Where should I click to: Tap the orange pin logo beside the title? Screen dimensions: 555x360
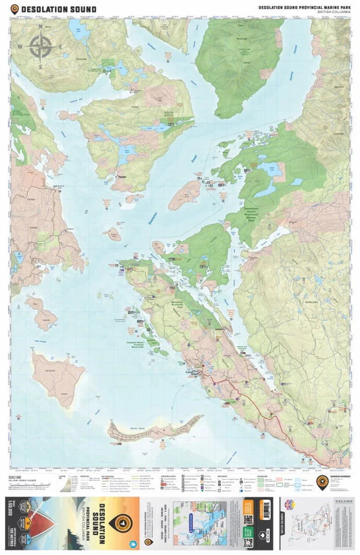pyautogui.click(x=15, y=9)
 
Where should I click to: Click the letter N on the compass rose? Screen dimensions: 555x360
pyautogui.click(x=41, y=27)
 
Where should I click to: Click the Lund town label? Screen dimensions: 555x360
pyautogui.click(x=194, y=371)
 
